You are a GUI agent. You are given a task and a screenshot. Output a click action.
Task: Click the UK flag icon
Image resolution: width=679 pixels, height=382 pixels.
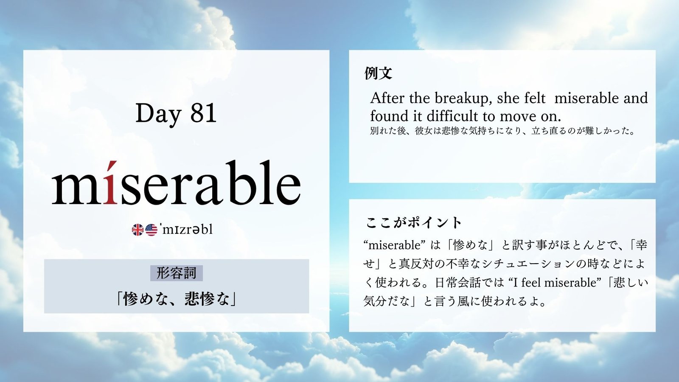coord(137,230)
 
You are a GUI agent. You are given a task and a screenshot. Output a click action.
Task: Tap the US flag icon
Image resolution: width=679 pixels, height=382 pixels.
coord(151,230)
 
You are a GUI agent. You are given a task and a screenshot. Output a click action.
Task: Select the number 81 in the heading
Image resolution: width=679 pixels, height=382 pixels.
coord(203,113)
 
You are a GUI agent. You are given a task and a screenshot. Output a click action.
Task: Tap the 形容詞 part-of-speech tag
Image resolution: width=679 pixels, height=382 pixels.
coord(177,273)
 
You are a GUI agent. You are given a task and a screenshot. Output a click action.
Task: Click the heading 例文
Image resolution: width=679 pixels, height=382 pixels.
coord(378,73)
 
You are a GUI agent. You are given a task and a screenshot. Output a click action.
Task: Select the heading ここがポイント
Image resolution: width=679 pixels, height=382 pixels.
coord(413,223)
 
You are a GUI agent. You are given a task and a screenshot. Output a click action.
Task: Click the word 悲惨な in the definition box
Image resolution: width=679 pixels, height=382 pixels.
coord(207,300)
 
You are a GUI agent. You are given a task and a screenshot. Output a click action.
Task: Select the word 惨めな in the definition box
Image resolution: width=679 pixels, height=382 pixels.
coord(146,300)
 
